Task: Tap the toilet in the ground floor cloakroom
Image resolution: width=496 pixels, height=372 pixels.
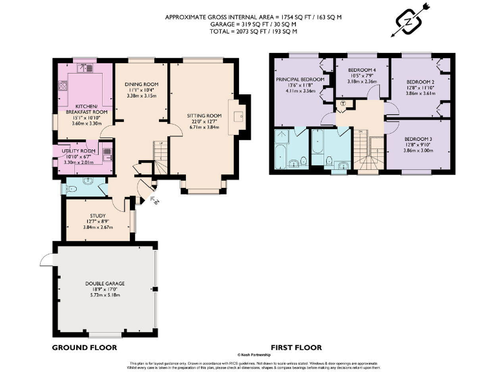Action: (x=73, y=189)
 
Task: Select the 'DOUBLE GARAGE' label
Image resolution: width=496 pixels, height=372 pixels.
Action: (x=105, y=284)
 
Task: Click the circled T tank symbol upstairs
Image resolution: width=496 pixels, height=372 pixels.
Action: (x=343, y=105)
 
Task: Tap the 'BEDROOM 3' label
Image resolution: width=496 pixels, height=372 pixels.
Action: (x=419, y=139)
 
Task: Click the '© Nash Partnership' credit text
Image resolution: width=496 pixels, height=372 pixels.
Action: (x=247, y=355)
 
